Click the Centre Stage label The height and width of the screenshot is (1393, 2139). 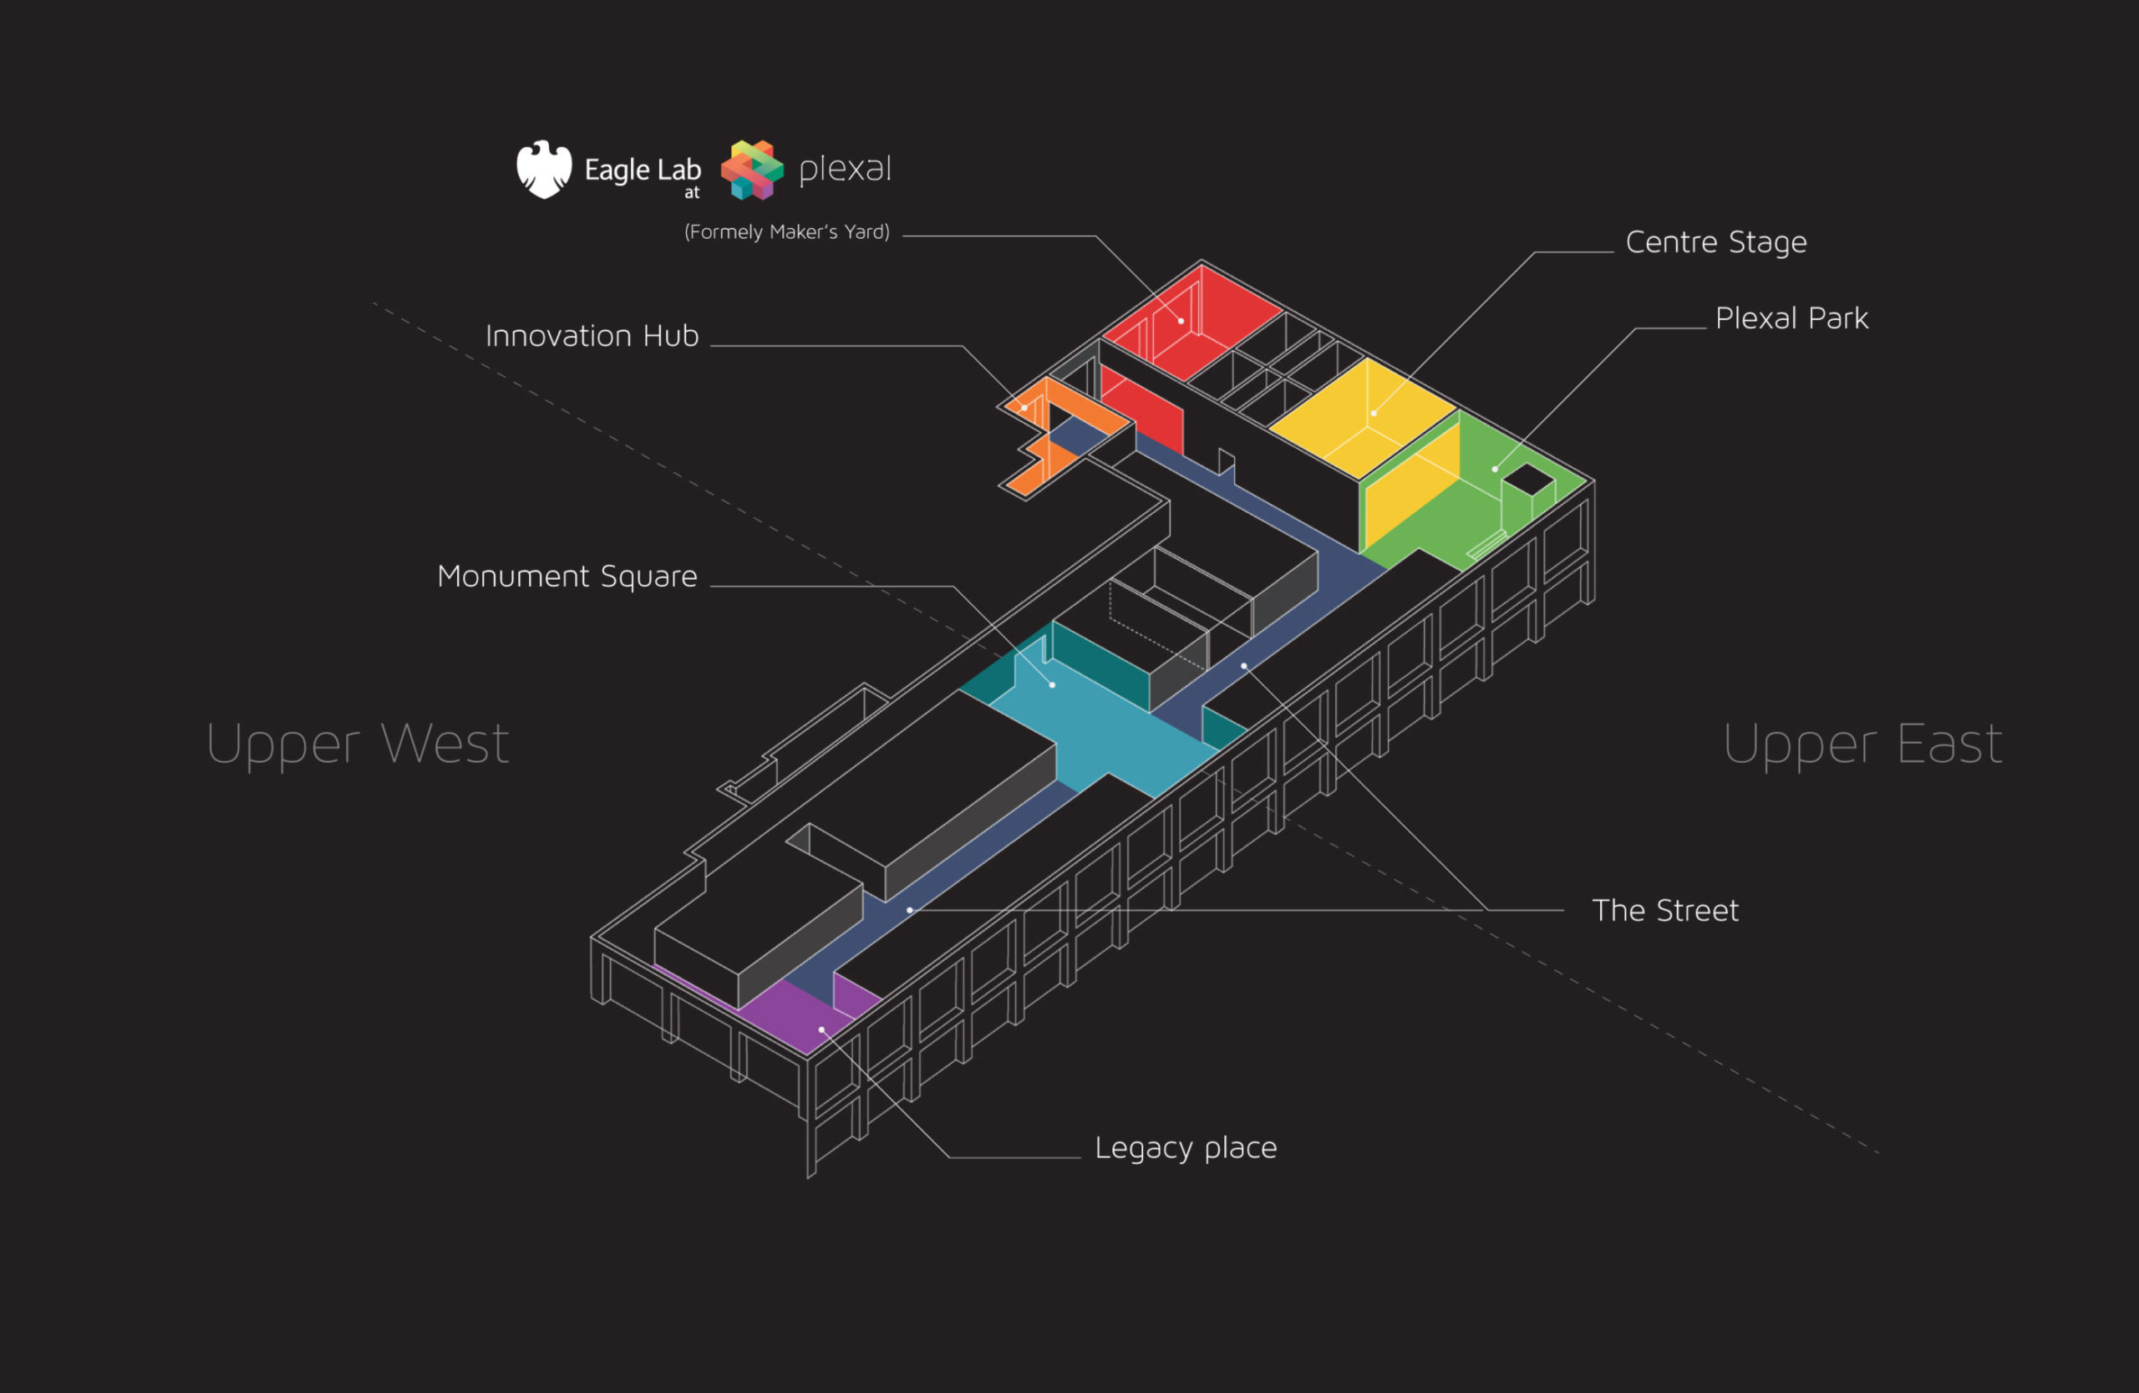pyautogui.click(x=1715, y=242)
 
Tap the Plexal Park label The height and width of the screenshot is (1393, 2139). pyautogui.click(x=1791, y=319)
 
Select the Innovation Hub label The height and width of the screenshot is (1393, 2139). pyautogui.click(x=592, y=336)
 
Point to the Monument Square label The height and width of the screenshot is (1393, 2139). pyautogui.click(x=567, y=576)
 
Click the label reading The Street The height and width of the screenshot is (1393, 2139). pyautogui.click(x=1664, y=910)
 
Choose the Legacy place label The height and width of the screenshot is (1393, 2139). pyautogui.click(x=1185, y=1147)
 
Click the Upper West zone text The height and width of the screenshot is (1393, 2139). pyautogui.click(x=357, y=745)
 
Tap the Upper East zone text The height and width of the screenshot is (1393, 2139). pyautogui.click(x=1862, y=745)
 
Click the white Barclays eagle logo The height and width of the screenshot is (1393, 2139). pyautogui.click(x=544, y=169)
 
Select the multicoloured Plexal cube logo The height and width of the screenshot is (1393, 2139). pyautogui.click(x=752, y=169)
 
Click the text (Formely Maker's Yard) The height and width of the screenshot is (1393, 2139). pyautogui.click(x=786, y=231)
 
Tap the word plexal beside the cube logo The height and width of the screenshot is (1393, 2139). pyautogui.click(x=845, y=169)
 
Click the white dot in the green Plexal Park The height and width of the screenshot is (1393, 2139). pyautogui.click(x=1495, y=469)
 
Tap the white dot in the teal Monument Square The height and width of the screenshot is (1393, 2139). pyautogui.click(x=1053, y=685)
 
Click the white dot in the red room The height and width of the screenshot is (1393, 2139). pyautogui.click(x=1181, y=321)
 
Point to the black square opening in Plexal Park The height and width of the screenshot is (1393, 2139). pyautogui.click(x=1528, y=479)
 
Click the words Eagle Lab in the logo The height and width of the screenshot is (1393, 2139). pyautogui.click(x=642, y=170)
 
